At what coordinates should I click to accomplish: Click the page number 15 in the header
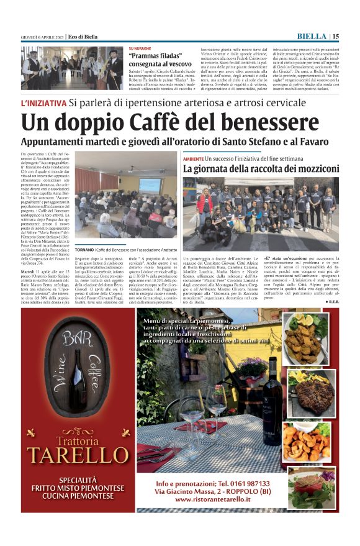click(336, 36)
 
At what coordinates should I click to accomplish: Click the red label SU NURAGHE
click(140, 48)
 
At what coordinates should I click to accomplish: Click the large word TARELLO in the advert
click(77, 455)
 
